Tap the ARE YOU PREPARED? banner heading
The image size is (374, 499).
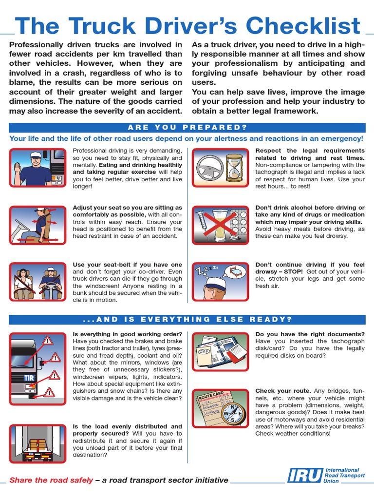tap(187, 128)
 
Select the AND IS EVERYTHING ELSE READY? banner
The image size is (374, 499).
tap(187, 320)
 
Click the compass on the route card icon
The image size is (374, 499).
tap(232, 413)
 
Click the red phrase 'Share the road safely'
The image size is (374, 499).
tap(51, 480)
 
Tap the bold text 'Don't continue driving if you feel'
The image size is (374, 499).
tap(310, 265)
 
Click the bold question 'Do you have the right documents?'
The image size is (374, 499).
tap(310, 334)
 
